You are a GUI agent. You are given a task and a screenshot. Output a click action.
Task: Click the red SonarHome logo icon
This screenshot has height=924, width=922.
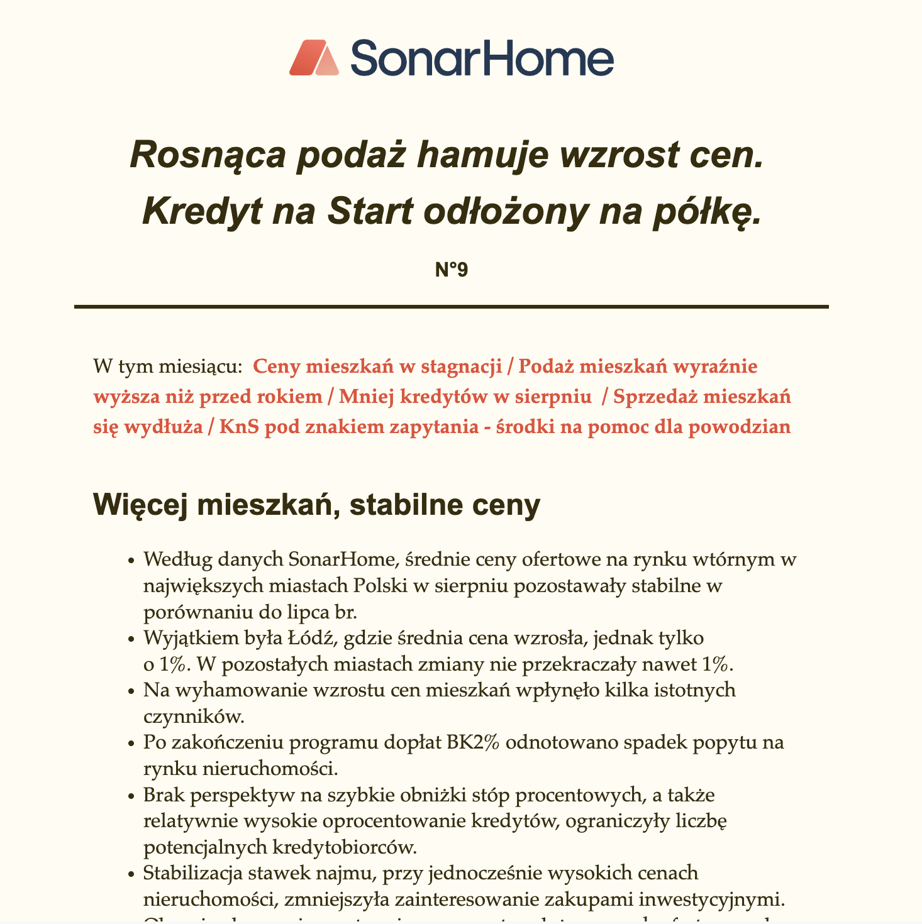tap(314, 58)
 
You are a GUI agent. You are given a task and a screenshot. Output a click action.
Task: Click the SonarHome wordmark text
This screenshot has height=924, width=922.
tap(481, 58)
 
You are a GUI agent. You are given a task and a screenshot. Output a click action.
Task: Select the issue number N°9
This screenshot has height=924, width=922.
tap(452, 270)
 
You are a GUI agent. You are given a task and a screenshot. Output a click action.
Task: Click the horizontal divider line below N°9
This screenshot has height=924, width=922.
tap(451, 307)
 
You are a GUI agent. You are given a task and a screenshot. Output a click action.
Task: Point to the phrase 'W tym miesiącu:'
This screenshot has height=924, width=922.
tap(167, 366)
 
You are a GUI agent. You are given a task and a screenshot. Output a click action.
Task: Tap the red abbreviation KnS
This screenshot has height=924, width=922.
tap(238, 427)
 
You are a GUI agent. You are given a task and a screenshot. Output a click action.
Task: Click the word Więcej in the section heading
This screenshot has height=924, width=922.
tap(131, 506)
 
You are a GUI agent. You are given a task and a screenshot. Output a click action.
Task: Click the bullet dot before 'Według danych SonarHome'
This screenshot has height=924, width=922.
tap(131, 560)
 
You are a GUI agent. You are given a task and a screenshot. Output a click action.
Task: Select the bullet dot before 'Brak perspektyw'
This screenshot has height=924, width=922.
tap(131, 796)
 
